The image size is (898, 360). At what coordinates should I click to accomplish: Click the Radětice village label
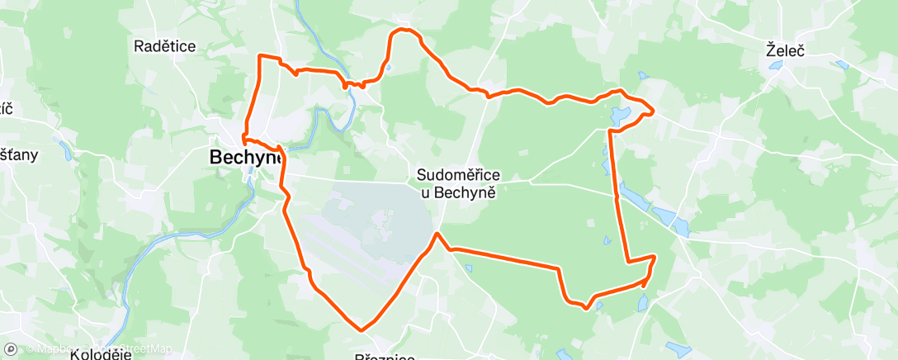click(165, 46)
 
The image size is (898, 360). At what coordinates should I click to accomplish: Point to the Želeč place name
click(785, 50)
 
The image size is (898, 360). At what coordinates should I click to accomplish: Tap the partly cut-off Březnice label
click(384, 355)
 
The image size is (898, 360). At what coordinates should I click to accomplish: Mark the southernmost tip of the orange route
click(362, 329)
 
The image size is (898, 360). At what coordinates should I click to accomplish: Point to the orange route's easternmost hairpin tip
click(654, 111)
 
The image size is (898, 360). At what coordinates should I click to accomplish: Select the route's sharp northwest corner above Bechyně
click(261, 56)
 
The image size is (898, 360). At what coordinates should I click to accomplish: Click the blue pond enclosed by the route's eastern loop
click(619, 115)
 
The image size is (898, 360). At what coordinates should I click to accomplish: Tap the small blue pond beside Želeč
click(841, 64)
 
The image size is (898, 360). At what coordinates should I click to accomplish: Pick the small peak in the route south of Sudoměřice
click(437, 234)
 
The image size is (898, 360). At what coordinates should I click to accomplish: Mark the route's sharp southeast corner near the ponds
click(655, 258)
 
